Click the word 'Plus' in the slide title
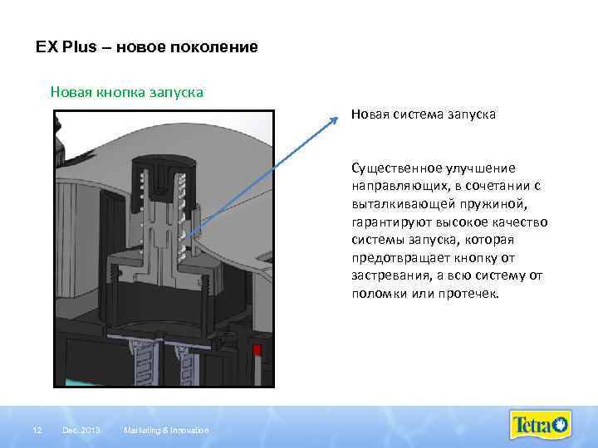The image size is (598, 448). (x=75, y=48)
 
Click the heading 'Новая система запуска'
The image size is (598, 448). (x=423, y=115)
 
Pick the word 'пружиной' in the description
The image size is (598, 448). (x=502, y=203)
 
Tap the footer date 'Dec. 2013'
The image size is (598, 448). (x=81, y=429)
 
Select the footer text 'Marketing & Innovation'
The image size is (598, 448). (x=165, y=429)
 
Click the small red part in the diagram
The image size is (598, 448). (x=258, y=348)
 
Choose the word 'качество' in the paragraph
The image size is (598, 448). (x=519, y=222)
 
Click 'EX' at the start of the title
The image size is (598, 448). (x=46, y=48)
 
